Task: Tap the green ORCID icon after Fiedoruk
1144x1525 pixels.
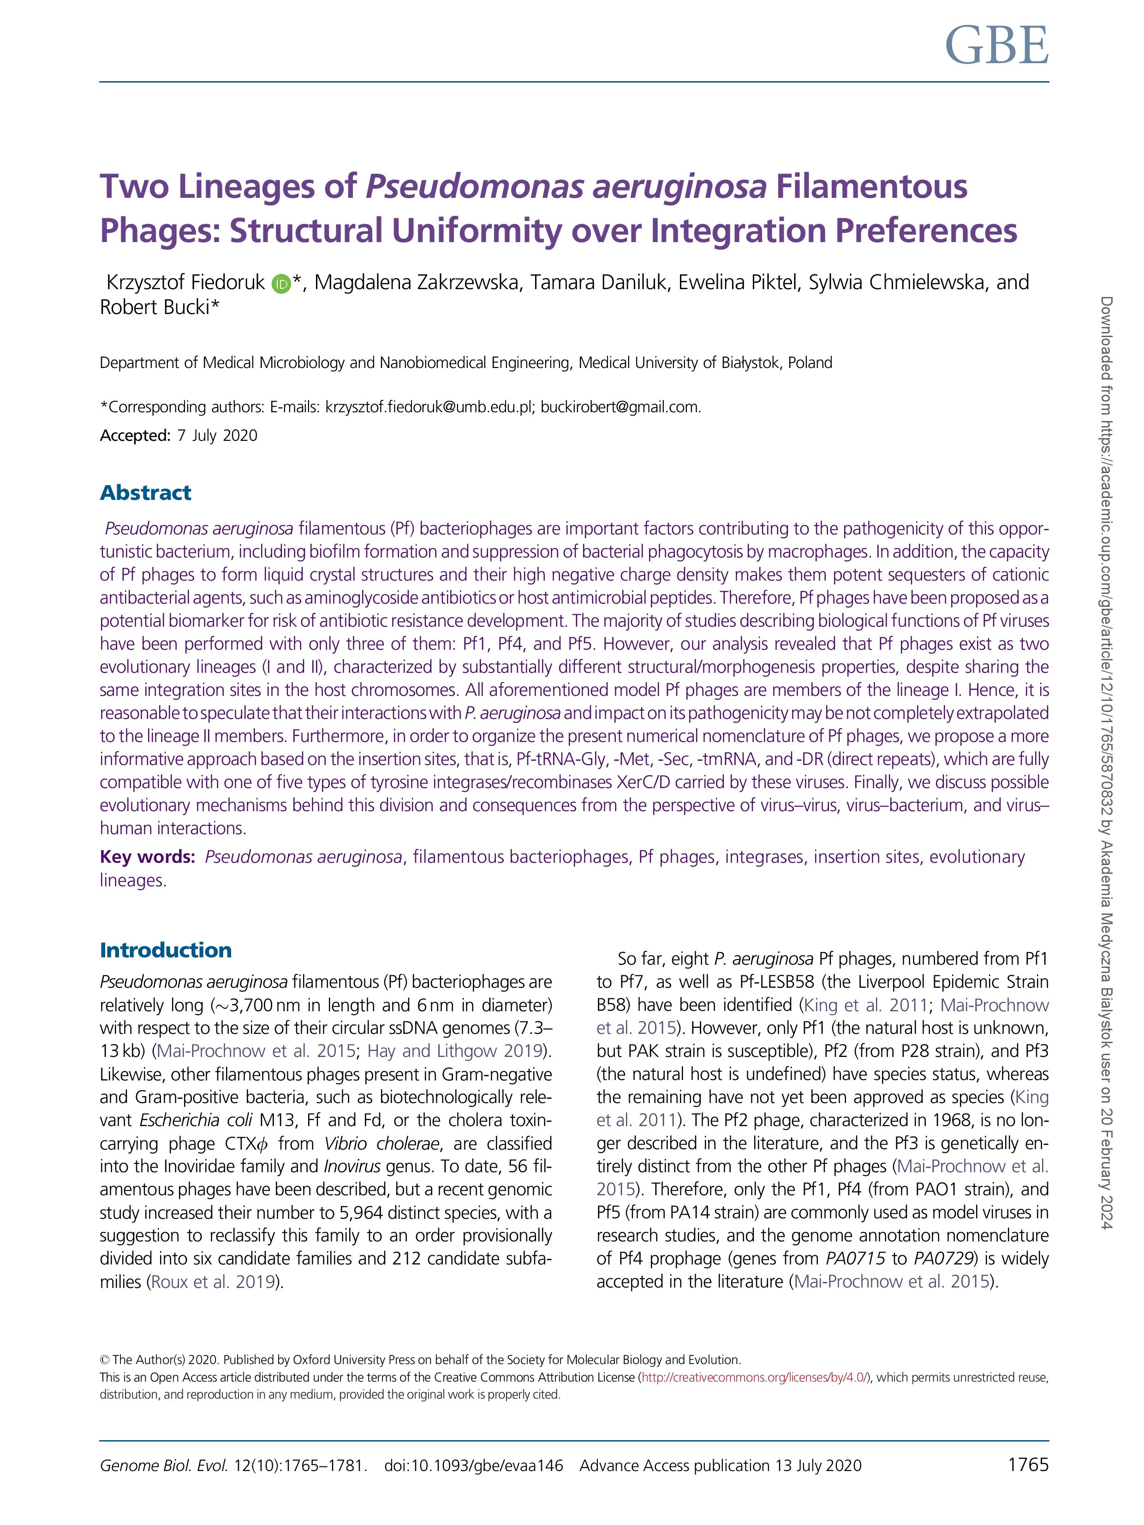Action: click(280, 283)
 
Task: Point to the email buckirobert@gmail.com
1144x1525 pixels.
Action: click(620, 407)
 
